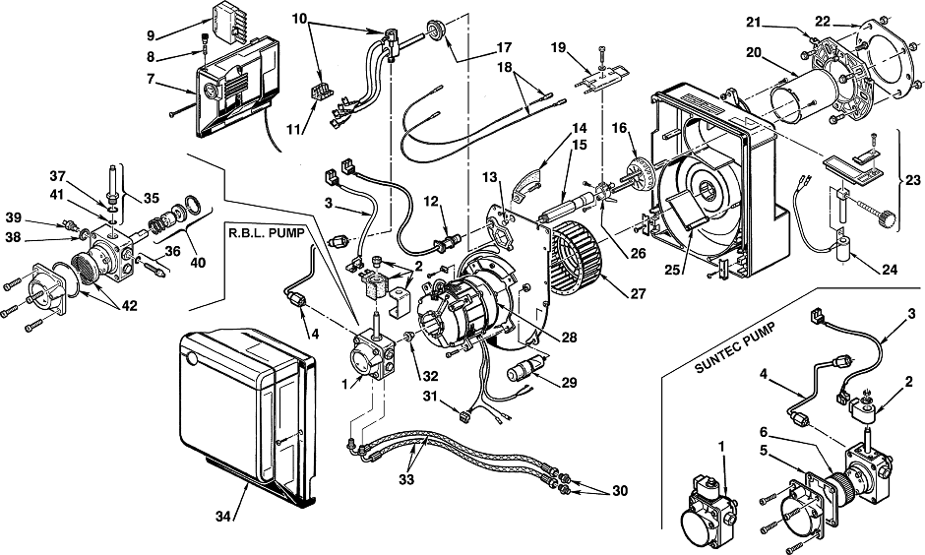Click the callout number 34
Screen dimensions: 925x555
pos(223,517)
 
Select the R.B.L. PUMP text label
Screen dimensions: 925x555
pos(266,232)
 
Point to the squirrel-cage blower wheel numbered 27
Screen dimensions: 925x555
pos(575,257)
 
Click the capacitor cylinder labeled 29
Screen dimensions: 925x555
pos(526,370)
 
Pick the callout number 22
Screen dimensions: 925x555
pos(823,22)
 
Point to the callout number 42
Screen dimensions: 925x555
pos(129,305)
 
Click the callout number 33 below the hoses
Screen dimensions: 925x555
pos(406,480)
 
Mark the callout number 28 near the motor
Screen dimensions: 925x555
pos(570,338)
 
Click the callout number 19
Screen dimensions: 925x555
pos(558,47)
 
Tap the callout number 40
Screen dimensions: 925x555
pos(198,262)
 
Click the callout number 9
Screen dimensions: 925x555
pos(151,36)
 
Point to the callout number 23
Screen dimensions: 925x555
pos(912,180)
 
